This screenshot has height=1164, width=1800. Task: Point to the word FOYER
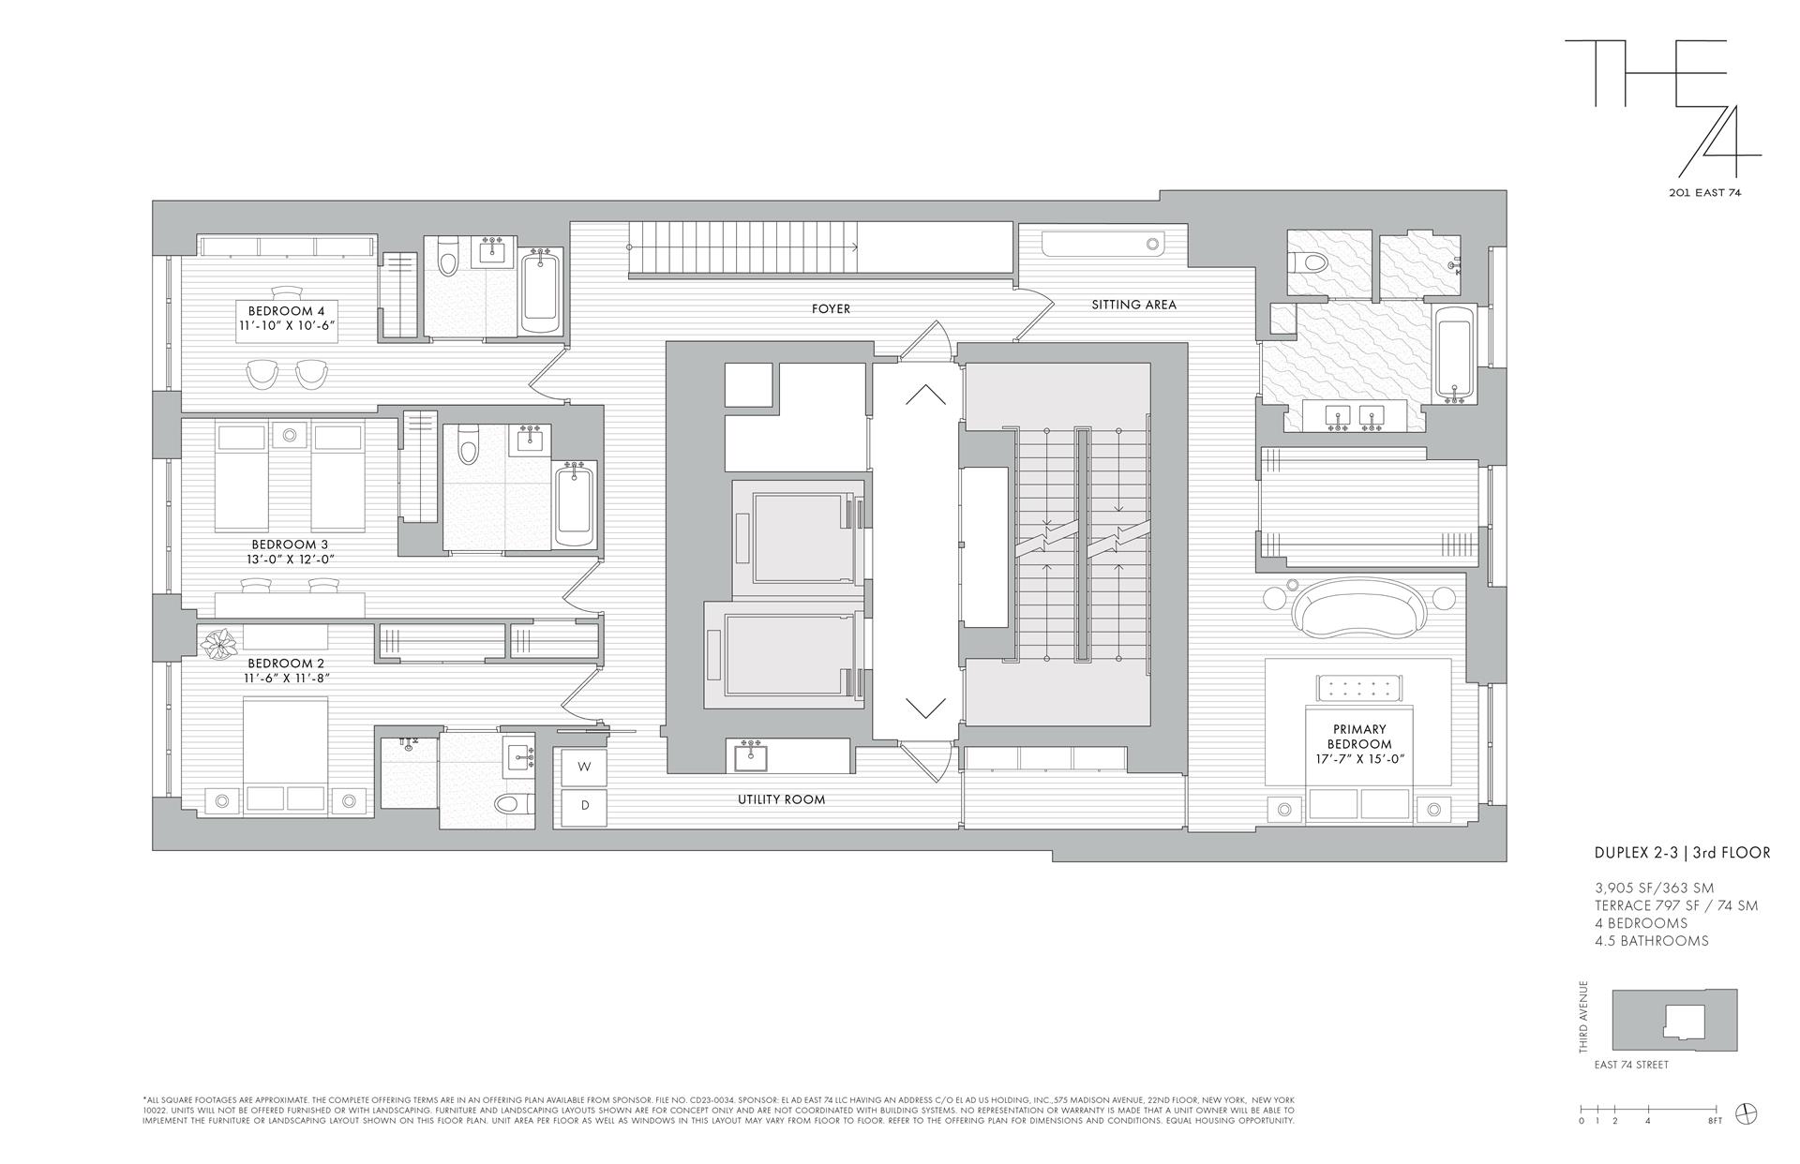tap(831, 308)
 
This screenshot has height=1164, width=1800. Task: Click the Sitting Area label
tap(1133, 305)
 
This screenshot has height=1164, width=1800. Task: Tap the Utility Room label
tap(781, 799)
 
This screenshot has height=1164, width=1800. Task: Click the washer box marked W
tap(584, 767)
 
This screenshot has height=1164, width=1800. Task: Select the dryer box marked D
tap(584, 806)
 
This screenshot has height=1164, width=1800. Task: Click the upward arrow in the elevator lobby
tap(925, 395)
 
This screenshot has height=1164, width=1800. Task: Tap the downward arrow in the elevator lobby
tap(925, 708)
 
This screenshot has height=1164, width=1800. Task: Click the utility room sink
tap(749, 755)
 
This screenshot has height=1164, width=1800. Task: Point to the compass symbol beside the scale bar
tap(1746, 1113)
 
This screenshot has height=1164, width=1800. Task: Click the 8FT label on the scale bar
tap(1715, 1121)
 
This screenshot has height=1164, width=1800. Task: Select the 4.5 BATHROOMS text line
tap(1651, 940)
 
